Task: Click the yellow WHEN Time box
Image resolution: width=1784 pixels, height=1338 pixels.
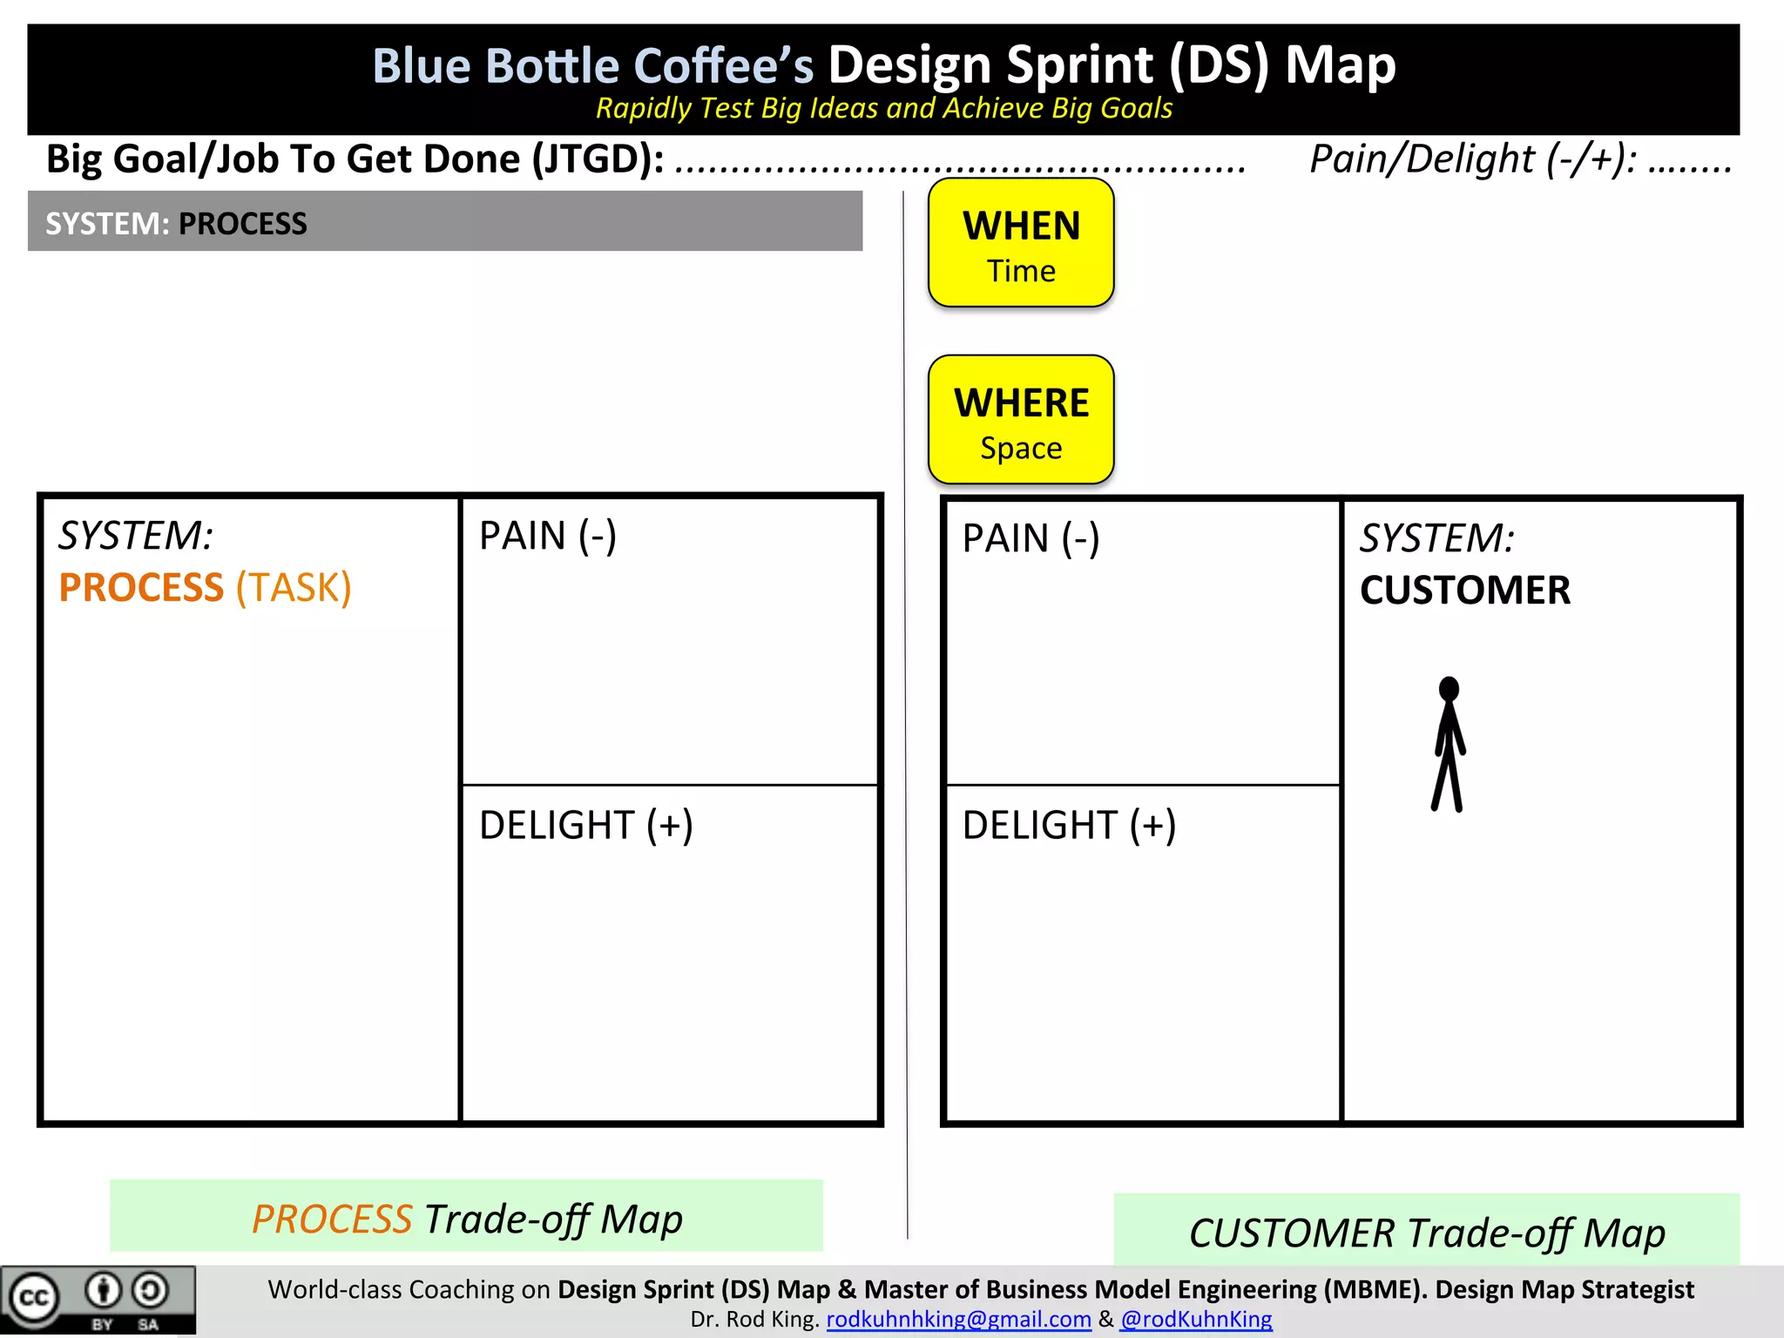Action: (x=1021, y=243)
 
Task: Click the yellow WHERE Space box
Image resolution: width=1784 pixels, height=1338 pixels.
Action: (x=1021, y=420)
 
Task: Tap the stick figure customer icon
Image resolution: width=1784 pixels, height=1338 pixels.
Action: (x=1449, y=744)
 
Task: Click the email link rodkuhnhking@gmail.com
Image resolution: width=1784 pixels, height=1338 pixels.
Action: (x=958, y=1319)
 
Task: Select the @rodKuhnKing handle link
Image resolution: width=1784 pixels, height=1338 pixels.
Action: (x=1196, y=1319)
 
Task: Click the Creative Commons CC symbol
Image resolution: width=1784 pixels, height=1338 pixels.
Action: (x=33, y=1298)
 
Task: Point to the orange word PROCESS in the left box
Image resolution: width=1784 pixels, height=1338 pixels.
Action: (x=141, y=587)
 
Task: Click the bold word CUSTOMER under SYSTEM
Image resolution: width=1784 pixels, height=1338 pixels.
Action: (x=1465, y=590)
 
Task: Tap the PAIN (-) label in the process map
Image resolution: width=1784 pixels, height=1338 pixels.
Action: (x=548, y=535)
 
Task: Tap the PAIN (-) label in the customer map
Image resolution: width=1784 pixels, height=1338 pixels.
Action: (x=1031, y=537)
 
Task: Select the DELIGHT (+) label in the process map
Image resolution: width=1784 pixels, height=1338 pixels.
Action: (x=585, y=824)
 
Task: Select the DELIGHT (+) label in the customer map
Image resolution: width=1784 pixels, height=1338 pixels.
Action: (x=1069, y=824)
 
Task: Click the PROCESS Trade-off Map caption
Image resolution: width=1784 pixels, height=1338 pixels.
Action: (x=467, y=1218)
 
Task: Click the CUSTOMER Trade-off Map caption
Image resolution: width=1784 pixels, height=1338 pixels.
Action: (x=1427, y=1233)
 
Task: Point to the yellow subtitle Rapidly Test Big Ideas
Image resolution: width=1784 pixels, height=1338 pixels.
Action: (x=883, y=108)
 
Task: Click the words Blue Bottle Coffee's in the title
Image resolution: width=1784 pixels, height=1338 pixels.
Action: (x=592, y=65)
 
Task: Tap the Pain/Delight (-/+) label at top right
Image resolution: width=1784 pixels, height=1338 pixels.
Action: (x=1472, y=159)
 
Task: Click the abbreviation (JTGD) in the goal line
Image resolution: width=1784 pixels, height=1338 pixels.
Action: (x=598, y=159)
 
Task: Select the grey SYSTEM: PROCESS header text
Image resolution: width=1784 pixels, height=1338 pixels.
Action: (x=176, y=224)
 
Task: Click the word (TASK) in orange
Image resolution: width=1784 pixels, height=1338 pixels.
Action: (x=294, y=587)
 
